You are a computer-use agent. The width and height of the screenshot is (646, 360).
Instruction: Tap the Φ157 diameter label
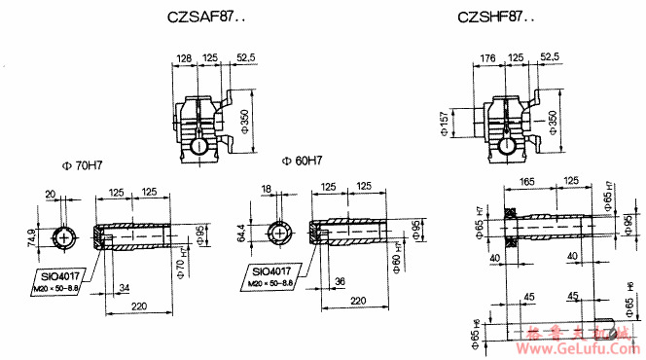click(445, 124)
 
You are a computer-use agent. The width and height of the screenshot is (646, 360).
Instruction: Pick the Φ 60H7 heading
click(302, 159)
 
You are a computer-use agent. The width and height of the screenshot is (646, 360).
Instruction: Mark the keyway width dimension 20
click(50, 194)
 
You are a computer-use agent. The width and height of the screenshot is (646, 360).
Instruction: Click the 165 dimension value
click(527, 181)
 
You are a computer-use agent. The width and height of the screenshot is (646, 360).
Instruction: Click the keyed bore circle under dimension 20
click(63, 237)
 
